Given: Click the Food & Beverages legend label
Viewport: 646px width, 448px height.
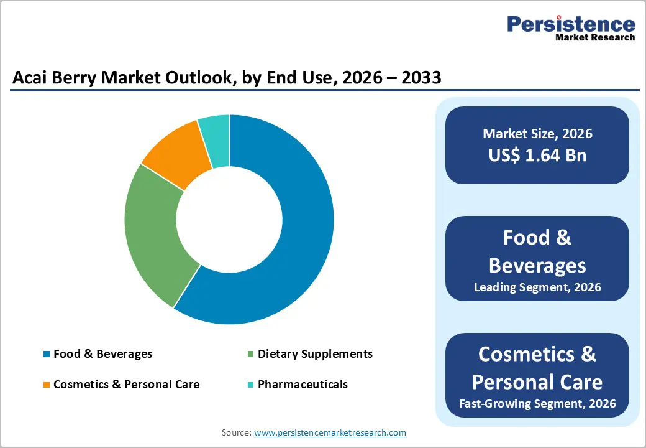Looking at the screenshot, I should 102,354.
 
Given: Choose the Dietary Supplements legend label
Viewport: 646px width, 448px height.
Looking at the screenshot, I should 315,354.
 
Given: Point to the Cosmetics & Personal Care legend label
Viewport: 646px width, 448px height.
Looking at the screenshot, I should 127,385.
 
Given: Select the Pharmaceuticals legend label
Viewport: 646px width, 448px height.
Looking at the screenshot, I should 303,385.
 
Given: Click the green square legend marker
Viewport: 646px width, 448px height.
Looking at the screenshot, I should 251,355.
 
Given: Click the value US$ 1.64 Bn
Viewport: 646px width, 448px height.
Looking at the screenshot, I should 537,155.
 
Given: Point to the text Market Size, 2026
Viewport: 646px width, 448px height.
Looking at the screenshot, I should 537,134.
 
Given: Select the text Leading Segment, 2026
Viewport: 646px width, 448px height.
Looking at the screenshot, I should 537,287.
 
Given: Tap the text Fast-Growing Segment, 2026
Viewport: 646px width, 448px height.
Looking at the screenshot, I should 537,404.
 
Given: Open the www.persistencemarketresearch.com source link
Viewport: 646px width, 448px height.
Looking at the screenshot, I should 330,432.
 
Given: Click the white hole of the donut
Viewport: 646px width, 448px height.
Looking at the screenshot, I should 229,219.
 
